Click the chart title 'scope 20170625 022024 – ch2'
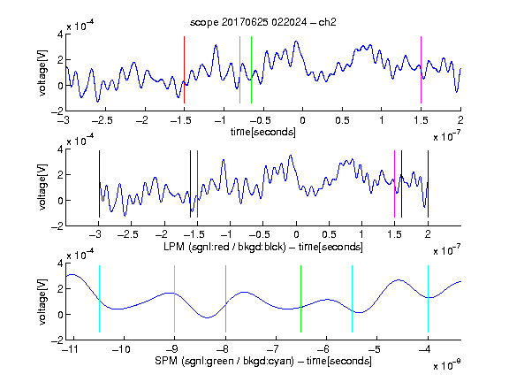coord(263,22)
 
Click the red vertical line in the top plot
coord(184,70)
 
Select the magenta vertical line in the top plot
coord(421,70)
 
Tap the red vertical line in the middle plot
coord(197,184)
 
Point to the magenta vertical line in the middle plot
coord(394,184)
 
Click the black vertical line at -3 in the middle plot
coord(99,184)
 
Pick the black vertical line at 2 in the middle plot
coord(428,184)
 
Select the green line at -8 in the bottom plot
coord(225,299)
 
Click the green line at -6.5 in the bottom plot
coord(301,299)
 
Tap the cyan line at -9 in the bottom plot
coord(174,299)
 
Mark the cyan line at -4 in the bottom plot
coord(428,299)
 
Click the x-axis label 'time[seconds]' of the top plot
coord(263,132)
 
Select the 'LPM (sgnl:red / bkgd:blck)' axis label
coord(224,247)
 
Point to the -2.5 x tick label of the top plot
coord(103,120)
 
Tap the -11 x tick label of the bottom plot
coord(70,349)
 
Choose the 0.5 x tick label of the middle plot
coord(329,234)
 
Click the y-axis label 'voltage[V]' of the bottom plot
coord(42,302)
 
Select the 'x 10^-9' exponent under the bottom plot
coord(447,365)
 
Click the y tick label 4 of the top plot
coord(60,34)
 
